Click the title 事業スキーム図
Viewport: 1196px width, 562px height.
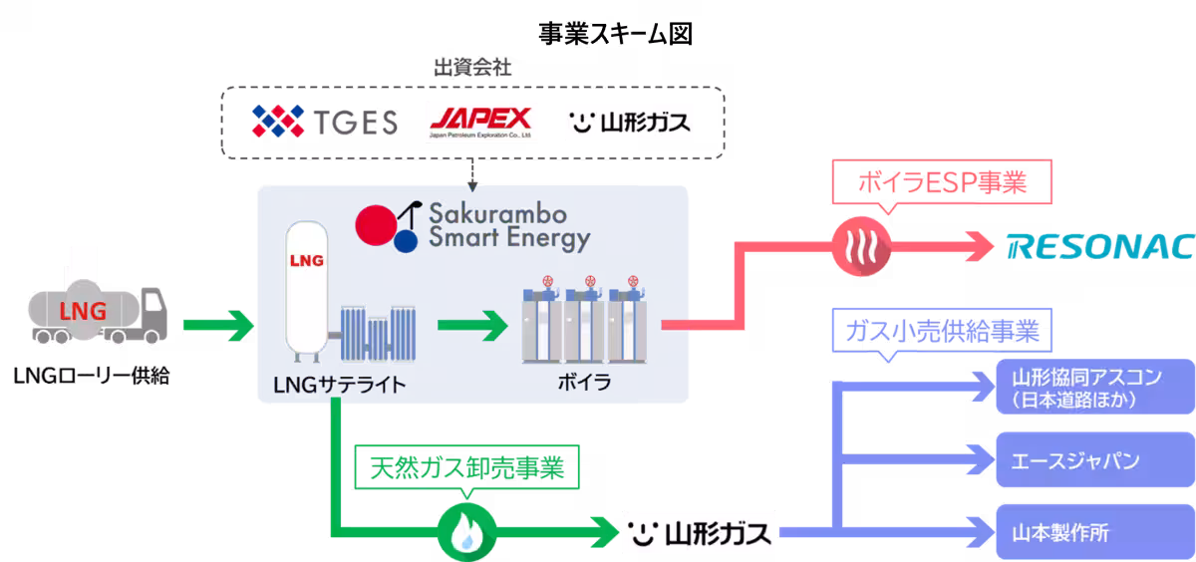(x=615, y=34)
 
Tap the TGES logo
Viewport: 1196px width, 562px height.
(x=325, y=122)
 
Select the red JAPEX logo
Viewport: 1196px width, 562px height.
(x=480, y=123)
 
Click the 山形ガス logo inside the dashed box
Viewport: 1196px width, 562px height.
(x=630, y=123)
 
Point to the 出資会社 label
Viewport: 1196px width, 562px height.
(x=472, y=68)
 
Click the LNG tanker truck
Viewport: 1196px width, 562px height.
(x=98, y=312)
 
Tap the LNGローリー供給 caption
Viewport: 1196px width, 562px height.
(x=92, y=376)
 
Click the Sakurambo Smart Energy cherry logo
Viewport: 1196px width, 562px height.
(x=388, y=227)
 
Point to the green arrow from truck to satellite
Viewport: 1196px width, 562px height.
(x=218, y=325)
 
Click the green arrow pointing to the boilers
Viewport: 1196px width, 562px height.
(x=472, y=325)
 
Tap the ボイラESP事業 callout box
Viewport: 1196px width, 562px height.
(x=942, y=182)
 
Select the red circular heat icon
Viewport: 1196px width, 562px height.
(x=861, y=246)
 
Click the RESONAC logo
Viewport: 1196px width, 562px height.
(x=1100, y=246)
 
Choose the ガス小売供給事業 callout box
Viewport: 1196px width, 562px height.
(x=942, y=331)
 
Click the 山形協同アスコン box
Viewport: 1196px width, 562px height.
(x=1095, y=387)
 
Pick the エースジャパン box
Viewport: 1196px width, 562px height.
(x=1095, y=459)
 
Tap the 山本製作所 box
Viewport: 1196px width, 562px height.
(x=1095, y=532)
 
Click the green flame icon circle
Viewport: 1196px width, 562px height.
(x=466, y=533)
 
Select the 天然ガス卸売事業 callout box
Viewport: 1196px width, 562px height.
(x=466, y=468)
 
